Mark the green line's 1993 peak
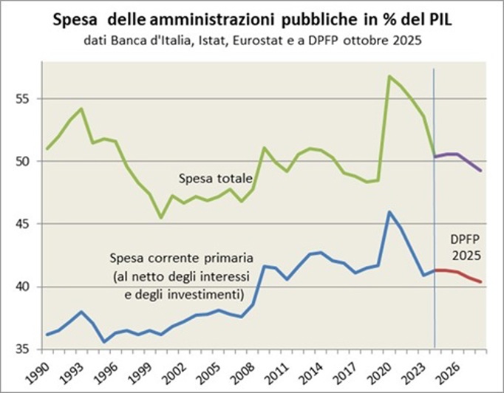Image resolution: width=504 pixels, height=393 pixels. tap(81, 109)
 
